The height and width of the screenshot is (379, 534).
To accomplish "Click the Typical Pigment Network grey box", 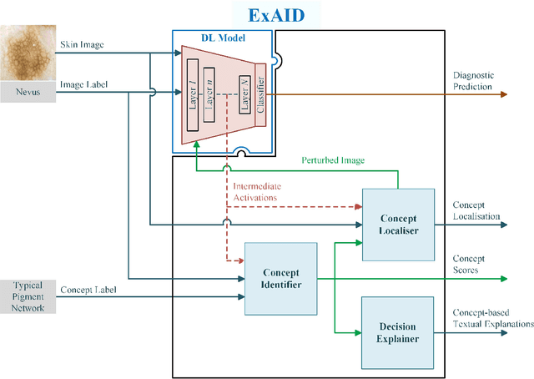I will pos(28,296).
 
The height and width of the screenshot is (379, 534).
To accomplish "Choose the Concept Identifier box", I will pos(281,279).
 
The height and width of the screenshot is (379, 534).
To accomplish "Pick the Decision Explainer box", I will pos(398,332).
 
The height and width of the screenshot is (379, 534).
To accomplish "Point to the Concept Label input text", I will pos(88,290).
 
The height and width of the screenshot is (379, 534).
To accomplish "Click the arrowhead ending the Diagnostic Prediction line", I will pos(502,94).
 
